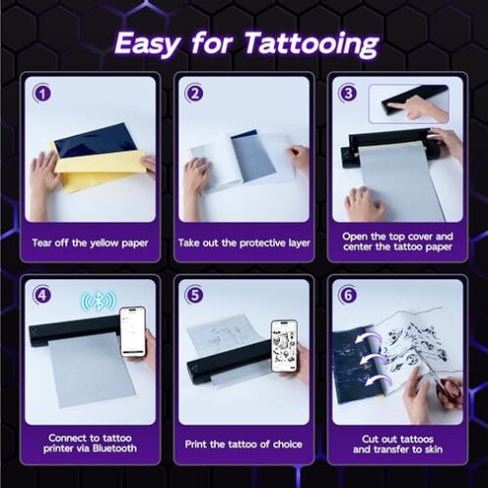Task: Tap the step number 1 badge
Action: [x=40, y=94]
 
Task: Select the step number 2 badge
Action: [x=194, y=94]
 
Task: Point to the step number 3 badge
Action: [x=347, y=94]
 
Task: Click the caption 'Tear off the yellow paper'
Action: [x=90, y=243]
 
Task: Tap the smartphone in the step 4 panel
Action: [x=132, y=332]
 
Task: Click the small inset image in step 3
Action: [x=407, y=103]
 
